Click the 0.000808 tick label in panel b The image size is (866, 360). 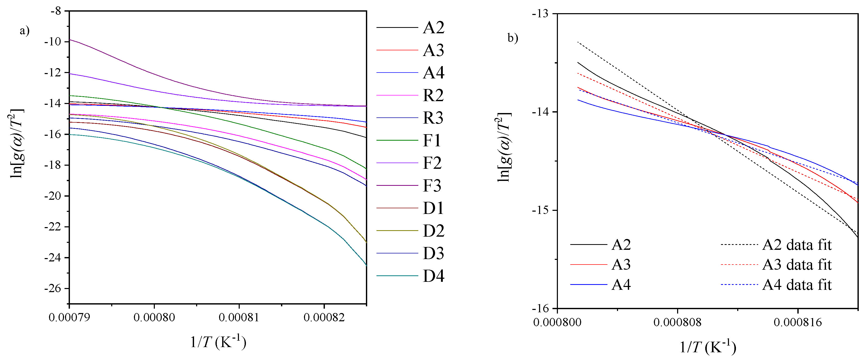pyautogui.click(x=677, y=322)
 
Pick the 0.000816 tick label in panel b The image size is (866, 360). pyautogui.click(x=798, y=322)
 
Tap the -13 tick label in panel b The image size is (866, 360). pyautogui.click(x=540, y=14)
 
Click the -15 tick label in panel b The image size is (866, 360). pyautogui.click(x=540, y=210)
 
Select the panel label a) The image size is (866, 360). pyautogui.click(x=25, y=31)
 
